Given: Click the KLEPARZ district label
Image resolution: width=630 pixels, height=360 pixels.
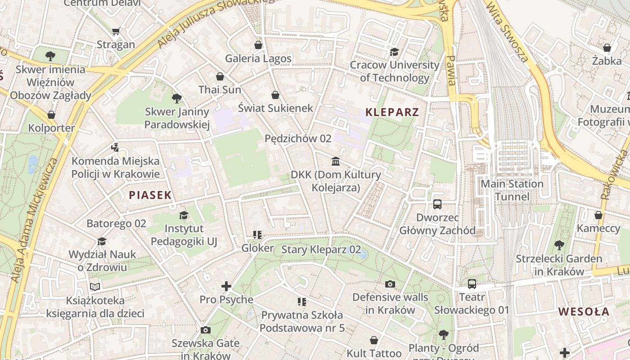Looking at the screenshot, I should pos(392,112).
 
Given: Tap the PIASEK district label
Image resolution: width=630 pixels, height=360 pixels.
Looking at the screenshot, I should pos(150,195).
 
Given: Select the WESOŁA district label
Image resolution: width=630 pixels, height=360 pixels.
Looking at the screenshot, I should pos(584,311).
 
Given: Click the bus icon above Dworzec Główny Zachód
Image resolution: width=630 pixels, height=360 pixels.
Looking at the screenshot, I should pos(437,204).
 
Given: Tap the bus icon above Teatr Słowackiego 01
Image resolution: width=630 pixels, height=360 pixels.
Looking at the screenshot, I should pos(472,284).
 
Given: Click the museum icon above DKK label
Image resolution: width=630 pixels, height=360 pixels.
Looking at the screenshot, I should pos(336,161).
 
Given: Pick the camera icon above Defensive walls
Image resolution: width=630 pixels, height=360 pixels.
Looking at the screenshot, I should pos(390,284).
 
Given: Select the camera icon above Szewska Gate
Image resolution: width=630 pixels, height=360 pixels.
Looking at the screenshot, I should pos(205,330).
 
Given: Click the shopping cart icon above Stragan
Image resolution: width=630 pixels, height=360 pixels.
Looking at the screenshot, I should pos(116,31).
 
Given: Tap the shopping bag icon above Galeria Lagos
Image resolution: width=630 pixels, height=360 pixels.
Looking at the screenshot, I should pos(258,45).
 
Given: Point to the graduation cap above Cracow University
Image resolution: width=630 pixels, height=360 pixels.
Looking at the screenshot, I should pos(395,52).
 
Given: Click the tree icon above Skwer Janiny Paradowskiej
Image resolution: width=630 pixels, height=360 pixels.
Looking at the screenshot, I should pos(177,98).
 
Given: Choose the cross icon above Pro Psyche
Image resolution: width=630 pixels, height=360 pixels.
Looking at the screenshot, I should pos(226,286).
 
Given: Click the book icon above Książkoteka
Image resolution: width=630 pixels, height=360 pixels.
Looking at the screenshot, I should pos(95,287).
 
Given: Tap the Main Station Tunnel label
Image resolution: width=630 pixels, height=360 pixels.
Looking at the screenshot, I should pos(512,190).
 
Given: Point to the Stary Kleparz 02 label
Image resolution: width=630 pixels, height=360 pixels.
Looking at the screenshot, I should pos(321,249).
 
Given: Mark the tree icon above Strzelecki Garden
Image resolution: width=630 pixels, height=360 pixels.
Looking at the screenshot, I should pos(559,245).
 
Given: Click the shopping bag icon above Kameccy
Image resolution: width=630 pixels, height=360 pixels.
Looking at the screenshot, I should pos(598,215).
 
